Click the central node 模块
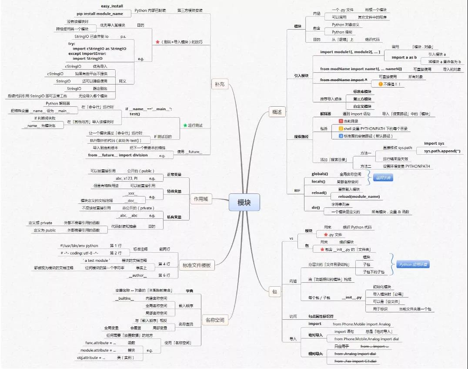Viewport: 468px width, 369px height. (244, 203)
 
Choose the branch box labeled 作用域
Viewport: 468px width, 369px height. (201, 200)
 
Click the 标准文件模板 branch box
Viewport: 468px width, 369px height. (197, 265)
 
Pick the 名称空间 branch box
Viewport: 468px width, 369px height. (215, 320)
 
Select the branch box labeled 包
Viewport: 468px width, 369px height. (274, 292)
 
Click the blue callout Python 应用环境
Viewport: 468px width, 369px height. (413, 264)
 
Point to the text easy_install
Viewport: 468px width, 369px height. (112, 7)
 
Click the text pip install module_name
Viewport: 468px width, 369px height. (100, 14)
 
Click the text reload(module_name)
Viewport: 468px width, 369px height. (359, 196)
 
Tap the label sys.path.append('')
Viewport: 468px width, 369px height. (445, 151)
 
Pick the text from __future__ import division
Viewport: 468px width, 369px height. (117, 155)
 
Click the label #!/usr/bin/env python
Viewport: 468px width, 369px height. (79, 246)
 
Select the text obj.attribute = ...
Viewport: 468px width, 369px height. (91, 358)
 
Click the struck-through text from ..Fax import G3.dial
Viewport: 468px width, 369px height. (355, 362)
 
